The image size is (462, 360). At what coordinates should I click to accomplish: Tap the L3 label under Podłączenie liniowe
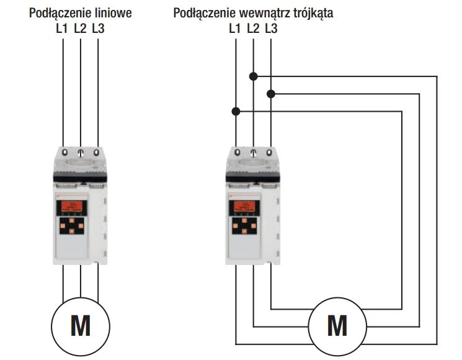tap(98, 29)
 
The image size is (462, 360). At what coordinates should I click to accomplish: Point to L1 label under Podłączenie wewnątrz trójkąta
tap(235, 29)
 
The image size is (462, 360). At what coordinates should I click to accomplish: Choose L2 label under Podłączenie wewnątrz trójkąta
tap(252, 29)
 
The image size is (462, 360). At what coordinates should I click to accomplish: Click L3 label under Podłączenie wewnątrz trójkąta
tap(270, 29)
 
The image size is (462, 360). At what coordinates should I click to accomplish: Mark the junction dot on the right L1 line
tap(236, 112)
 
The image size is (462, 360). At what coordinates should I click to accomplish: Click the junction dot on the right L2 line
tap(253, 76)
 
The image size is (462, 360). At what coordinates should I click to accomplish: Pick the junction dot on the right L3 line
tap(270, 94)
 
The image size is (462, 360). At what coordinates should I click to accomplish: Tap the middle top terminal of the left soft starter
tap(81, 151)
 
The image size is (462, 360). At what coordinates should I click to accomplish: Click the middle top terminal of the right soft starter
tap(253, 151)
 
